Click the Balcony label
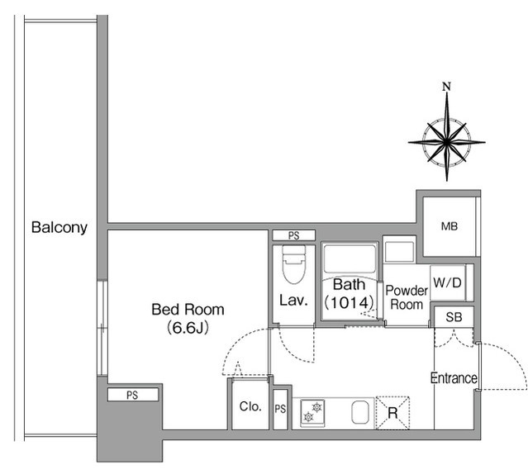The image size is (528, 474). (x=59, y=228)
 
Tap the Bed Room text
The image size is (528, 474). (x=188, y=310)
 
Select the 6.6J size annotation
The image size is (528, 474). (x=188, y=328)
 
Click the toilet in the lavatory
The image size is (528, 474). (x=294, y=265)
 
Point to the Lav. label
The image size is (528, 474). (x=293, y=301)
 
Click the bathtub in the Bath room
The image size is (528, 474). (x=350, y=259)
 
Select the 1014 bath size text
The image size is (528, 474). (x=349, y=303)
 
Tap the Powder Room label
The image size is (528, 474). (x=407, y=297)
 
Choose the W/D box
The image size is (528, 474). (x=448, y=283)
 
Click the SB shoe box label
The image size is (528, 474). (x=454, y=317)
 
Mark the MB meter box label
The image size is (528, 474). (x=450, y=227)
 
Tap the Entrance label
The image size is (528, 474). (x=454, y=378)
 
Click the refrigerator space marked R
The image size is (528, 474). (x=392, y=413)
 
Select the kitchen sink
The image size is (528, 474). (x=360, y=412)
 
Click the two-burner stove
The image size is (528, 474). (x=312, y=413)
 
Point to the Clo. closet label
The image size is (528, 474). (x=250, y=407)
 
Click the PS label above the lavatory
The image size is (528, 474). (x=294, y=236)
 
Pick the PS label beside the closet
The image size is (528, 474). (x=280, y=409)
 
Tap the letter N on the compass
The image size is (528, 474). (x=446, y=87)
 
